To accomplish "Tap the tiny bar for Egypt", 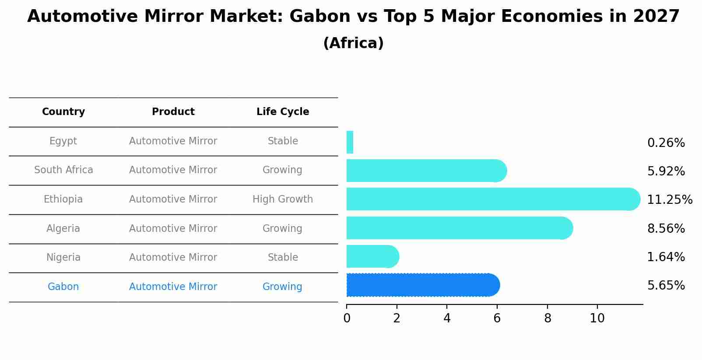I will [350, 142].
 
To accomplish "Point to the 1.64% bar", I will [372, 256].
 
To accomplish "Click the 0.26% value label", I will [666, 143].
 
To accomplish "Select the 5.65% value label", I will [666, 286].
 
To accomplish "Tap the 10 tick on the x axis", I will [597, 318].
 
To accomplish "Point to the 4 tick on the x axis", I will [447, 318].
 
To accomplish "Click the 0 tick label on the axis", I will [347, 318].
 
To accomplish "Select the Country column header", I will [63, 112].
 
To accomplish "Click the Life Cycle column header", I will [283, 112].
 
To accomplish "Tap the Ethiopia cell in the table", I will [63, 199].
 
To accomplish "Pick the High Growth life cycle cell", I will [283, 199].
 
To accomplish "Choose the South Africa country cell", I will [63, 170].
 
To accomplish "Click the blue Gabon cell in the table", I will [63, 287].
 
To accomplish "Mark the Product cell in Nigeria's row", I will [173, 258].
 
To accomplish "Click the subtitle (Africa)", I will [353, 43].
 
